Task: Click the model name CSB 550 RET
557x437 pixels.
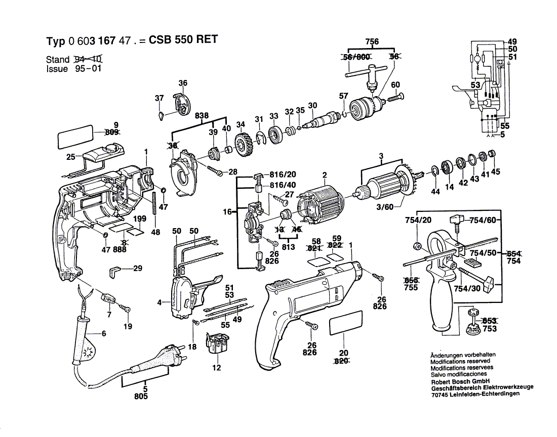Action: (183, 40)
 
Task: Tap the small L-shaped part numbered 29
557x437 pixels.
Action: (115, 271)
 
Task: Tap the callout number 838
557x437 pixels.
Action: (202, 116)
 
